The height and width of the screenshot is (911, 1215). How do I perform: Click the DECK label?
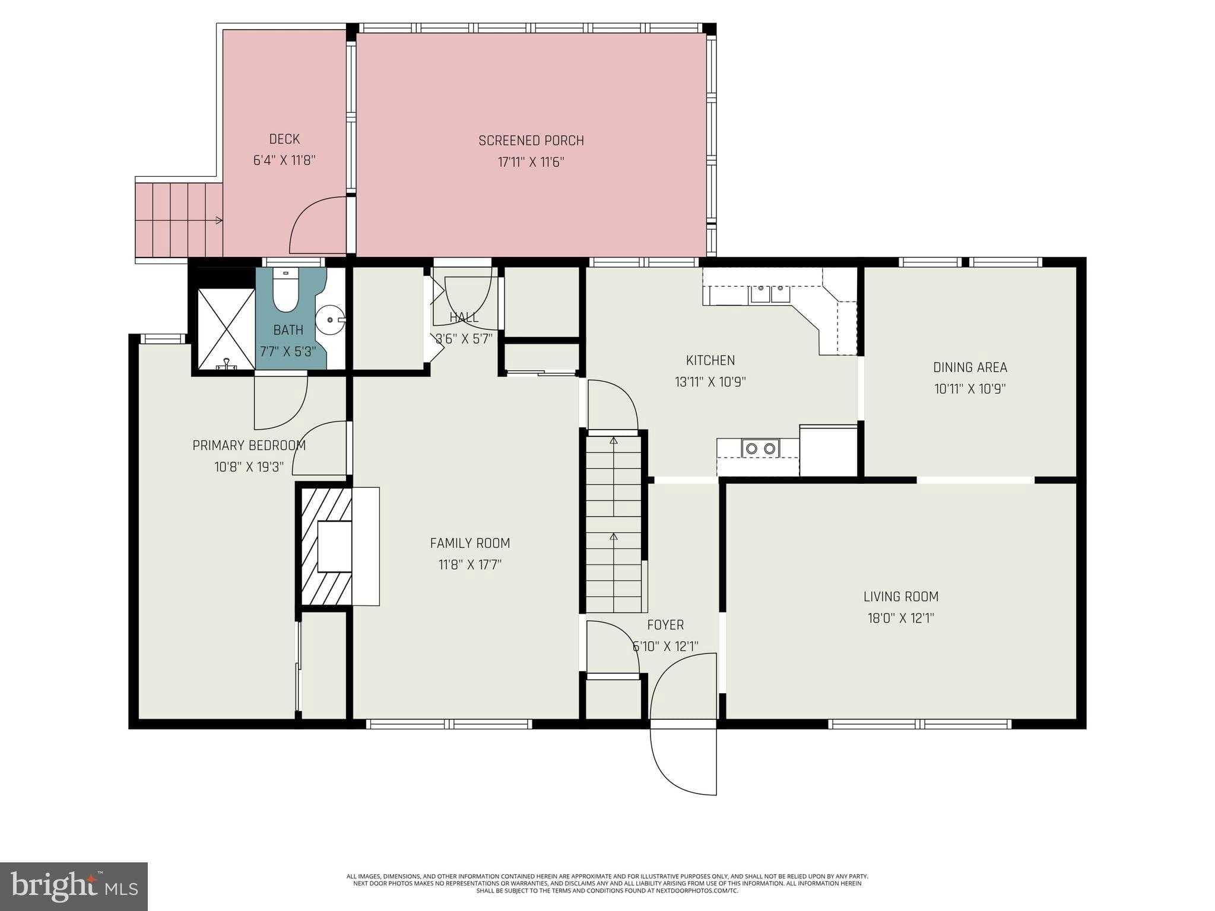point(284,139)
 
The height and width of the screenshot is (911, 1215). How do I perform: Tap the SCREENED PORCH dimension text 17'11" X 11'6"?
point(531,162)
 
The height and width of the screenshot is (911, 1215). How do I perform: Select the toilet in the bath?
point(286,292)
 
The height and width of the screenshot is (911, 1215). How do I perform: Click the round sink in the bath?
point(330,320)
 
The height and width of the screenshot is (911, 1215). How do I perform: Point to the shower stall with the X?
point(226,329)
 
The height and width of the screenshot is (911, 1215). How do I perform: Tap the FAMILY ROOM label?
point(469,543)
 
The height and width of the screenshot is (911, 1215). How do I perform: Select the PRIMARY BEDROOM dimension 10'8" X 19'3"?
point(249,467)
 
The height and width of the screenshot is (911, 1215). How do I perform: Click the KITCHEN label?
point(710,360)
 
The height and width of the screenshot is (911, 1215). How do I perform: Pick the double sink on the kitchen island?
point(760,448)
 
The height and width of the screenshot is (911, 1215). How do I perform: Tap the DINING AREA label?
point(970,367)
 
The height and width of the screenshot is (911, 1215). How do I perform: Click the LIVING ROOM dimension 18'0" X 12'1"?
point(900,618)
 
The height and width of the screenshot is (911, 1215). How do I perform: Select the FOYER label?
point(665,625)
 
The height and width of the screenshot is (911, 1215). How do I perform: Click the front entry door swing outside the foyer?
point(683,763)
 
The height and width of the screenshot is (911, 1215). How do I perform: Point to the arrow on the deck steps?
point(218,220)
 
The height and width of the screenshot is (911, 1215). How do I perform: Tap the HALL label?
point(464,318)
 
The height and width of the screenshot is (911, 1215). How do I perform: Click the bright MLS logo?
point(74,887)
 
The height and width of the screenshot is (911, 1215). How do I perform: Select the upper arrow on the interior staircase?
point(614,440)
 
